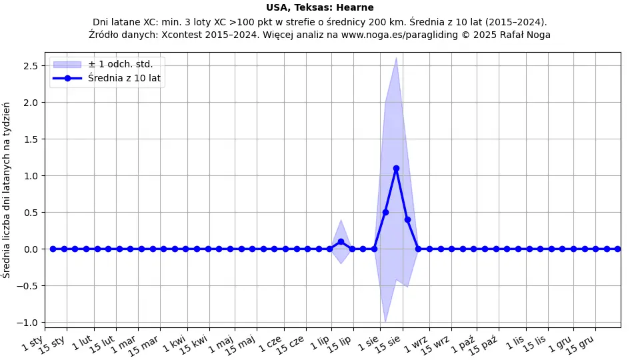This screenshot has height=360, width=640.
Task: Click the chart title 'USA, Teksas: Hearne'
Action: tap(319, 8)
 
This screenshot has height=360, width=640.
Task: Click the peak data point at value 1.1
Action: tap(396, 169)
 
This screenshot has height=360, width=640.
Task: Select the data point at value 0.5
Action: tap(385, 212)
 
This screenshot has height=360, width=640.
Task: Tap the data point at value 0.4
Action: tap(407, 219)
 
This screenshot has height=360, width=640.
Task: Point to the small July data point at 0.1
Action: tap(341, 241)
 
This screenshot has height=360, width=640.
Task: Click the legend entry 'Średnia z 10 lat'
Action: tap(125, 78)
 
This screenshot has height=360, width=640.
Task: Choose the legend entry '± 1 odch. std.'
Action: tap(120, 64)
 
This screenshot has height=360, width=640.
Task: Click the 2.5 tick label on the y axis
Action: tap(30, 66)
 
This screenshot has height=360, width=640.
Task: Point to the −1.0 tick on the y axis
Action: tap(27, 323)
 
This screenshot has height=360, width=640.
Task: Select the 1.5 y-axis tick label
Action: tap(30, 139)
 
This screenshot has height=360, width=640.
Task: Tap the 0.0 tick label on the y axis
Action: tap(30, 249)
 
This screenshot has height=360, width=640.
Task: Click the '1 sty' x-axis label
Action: tap(33, 343)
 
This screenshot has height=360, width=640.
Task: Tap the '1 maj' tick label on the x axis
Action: tap(221, 344)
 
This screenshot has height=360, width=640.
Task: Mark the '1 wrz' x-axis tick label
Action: tap(417, 344)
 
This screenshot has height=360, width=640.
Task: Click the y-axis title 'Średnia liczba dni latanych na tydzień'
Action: tap(7, 190)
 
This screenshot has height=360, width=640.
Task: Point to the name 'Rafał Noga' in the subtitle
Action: tap(525, 35)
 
